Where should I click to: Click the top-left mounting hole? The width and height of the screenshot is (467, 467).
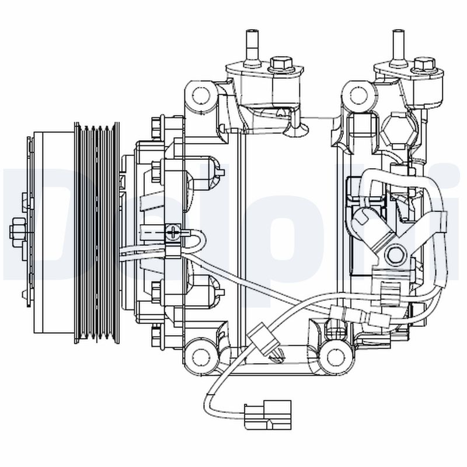tap(201, 93)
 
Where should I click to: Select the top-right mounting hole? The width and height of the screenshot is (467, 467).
tap(357, 94)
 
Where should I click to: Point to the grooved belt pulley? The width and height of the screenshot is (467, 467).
tap(96, 232)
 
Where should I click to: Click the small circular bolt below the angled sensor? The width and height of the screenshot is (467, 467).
tap(395, 255)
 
